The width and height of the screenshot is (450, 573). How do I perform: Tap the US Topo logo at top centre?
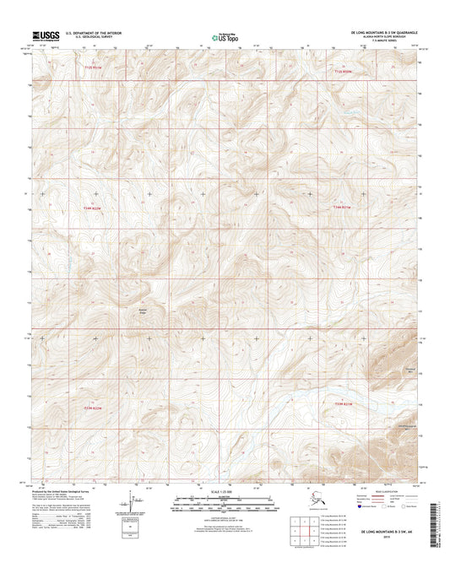click(224, 36)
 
